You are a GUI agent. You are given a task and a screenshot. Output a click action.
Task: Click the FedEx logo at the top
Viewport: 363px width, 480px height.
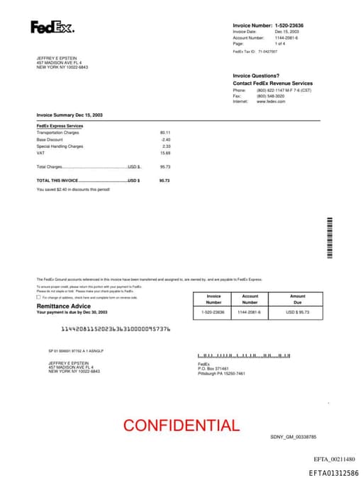click(52, 28)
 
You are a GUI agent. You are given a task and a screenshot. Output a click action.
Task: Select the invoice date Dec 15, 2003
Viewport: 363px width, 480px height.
click(288, 31)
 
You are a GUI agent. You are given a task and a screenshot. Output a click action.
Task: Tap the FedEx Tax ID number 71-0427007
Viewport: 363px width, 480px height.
click(267, 52)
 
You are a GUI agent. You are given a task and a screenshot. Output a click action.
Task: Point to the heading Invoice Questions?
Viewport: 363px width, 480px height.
click(256, 76)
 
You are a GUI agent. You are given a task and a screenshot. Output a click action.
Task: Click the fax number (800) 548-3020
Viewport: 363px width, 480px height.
click(270, 96)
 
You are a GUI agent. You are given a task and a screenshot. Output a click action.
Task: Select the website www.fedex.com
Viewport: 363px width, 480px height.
click(271, 101)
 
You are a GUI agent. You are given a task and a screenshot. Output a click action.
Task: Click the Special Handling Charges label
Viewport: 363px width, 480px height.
click(60, 147)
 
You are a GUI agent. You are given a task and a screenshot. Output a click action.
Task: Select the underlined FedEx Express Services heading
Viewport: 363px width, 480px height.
click(60, 126)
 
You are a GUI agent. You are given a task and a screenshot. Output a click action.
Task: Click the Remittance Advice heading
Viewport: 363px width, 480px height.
click(63, 306)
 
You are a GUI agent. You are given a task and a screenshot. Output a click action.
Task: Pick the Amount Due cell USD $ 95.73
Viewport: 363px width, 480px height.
click(297, 312)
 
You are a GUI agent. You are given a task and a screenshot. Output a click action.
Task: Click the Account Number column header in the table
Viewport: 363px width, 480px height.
click(250, 299)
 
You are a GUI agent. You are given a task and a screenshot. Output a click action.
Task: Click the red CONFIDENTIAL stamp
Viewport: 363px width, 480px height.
click(181, 425)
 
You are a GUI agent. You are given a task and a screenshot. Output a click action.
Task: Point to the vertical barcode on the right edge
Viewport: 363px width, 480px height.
click(330, 237)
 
